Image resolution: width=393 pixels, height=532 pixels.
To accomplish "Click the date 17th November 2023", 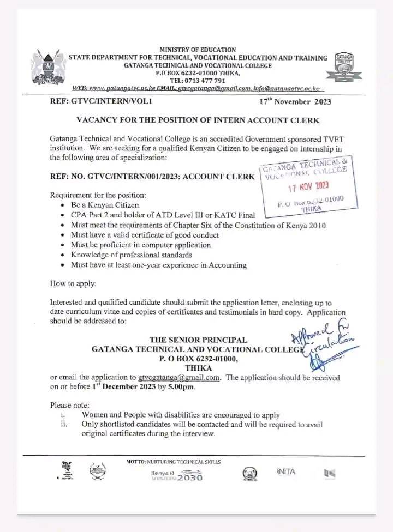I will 295,101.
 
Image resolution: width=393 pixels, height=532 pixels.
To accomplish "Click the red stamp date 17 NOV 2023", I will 308,187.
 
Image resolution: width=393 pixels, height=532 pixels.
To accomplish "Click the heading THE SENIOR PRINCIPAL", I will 198,340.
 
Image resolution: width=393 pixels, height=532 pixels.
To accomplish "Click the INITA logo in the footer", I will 285,471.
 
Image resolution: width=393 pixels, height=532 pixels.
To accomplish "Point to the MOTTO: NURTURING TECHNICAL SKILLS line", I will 174,462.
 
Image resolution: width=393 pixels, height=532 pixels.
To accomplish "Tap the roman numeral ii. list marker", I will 64,424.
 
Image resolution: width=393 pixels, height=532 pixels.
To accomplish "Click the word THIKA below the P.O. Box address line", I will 198,368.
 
